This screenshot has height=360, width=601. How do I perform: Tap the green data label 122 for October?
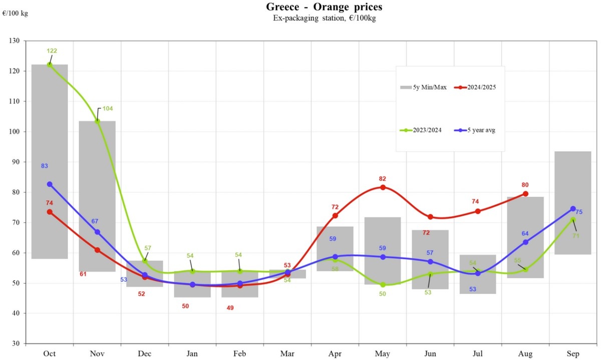[x=52, y=51]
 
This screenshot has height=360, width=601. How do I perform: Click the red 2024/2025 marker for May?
[x=383, y=187]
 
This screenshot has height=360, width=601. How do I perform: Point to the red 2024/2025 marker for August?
[x=525, y=194]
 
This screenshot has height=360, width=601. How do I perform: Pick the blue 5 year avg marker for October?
[x=50, y=184]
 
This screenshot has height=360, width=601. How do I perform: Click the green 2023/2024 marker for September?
[x=572, y=220]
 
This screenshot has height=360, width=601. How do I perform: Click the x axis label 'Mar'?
[x=287, y=354]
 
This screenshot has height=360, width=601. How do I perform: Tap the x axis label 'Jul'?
[x=478, y=354]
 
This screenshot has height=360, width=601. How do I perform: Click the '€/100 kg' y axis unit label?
[x=15, y=14]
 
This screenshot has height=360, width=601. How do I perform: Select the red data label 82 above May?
[x=383, y=179]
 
